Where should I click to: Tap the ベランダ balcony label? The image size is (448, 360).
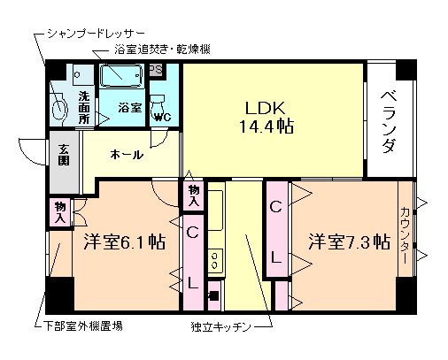tap(388, 120)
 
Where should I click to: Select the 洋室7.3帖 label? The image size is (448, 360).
tap(349, 241)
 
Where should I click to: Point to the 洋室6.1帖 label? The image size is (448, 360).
tap(123, 241)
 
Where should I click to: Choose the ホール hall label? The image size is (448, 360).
tap(127, 155)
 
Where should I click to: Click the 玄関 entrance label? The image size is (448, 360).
tap(65, 156)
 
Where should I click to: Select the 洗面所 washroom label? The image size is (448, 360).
tap(84, 106)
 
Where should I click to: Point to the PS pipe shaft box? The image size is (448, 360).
tap(155, 70)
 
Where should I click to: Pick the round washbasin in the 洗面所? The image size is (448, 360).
tap(59, 107)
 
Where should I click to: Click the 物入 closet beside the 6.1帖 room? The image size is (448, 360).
tap(60, 211)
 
